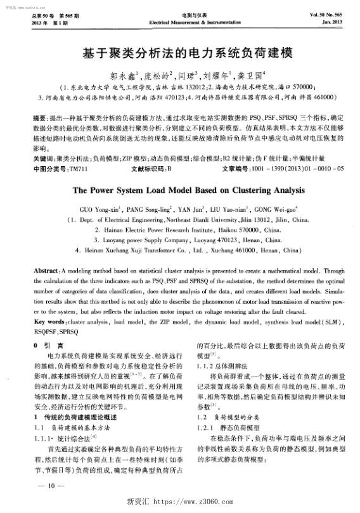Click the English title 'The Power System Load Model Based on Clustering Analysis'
[179, 189]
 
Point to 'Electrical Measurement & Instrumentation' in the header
[180, 21]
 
